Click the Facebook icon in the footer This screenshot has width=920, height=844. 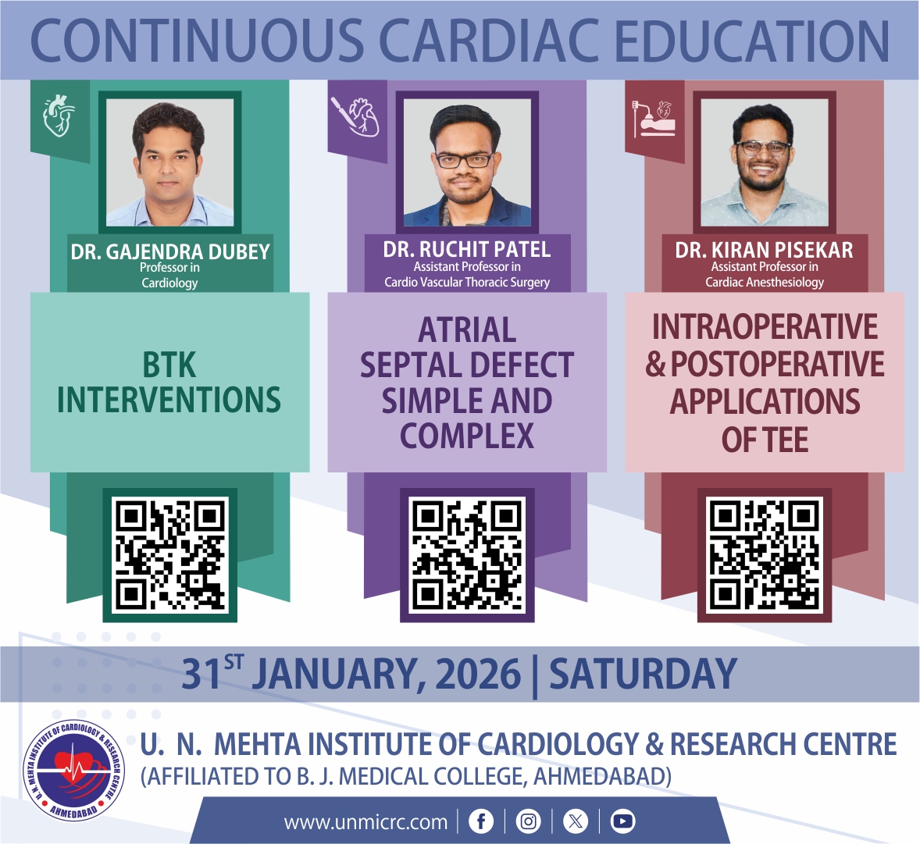pos(481,821)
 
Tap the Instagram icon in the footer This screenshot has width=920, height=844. pos(528,821)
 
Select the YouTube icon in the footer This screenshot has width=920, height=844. pos(622,821)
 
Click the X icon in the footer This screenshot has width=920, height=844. pos(576,821)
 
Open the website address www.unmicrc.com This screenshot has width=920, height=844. pos(366,822)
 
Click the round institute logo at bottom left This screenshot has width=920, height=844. pos(73,770)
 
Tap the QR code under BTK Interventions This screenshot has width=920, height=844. pos(170,555)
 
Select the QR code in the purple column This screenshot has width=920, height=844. pos(467,555)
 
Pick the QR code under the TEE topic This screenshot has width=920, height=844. pos(765,555)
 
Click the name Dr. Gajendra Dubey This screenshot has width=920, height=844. pos(170,251)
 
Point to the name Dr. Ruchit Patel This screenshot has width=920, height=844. pos(467,249)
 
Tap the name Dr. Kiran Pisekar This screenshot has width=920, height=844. pos(764,250)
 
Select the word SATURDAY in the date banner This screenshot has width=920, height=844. pos(643,674)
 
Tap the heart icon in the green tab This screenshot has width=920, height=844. pos(59,116)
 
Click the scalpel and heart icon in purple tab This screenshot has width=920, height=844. pos(355,116)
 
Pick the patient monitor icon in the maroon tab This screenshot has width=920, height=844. pos(654,119)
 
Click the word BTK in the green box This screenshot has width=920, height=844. pos(169,365)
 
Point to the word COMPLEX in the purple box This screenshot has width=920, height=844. pos(467,436)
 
